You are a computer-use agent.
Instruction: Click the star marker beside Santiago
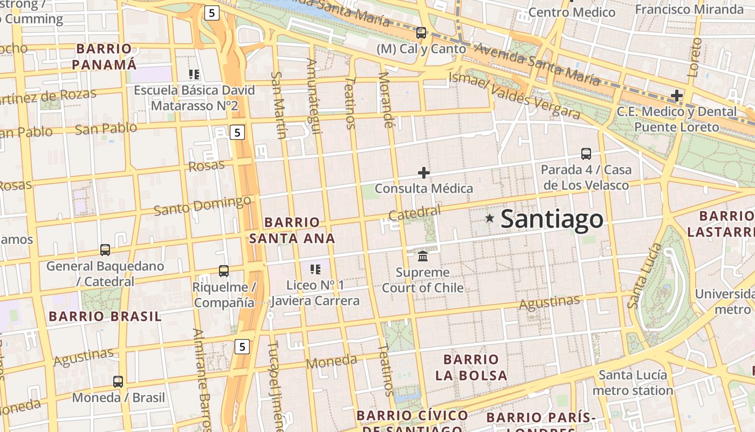[490, 218]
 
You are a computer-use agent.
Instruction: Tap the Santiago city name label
[552, 219]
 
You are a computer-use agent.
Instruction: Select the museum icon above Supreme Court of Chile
[423, 255]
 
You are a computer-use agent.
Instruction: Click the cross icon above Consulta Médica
[424, 173]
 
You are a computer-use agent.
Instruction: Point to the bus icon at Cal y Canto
[421, 33]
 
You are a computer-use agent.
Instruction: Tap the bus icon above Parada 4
[586, 154]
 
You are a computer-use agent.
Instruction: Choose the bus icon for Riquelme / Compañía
[224, 271]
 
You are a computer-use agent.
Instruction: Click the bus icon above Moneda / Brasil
[118, 382]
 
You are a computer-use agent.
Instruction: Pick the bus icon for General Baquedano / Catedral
[105, 250]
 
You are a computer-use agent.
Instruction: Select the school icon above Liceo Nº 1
[315, 269]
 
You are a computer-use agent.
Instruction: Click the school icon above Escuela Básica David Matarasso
[194, 75]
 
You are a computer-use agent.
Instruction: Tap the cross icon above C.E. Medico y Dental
[676, 96]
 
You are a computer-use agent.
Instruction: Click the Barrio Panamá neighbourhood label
[104, 57]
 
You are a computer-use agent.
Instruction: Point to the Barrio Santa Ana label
[292, 230]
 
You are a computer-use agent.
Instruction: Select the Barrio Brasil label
[105, 316]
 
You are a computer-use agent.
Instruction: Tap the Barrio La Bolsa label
[471, 367]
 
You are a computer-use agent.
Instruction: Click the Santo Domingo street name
[202, 206]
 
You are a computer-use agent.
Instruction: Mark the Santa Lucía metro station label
[633, 382]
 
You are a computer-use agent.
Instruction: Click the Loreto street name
[695, 57]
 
